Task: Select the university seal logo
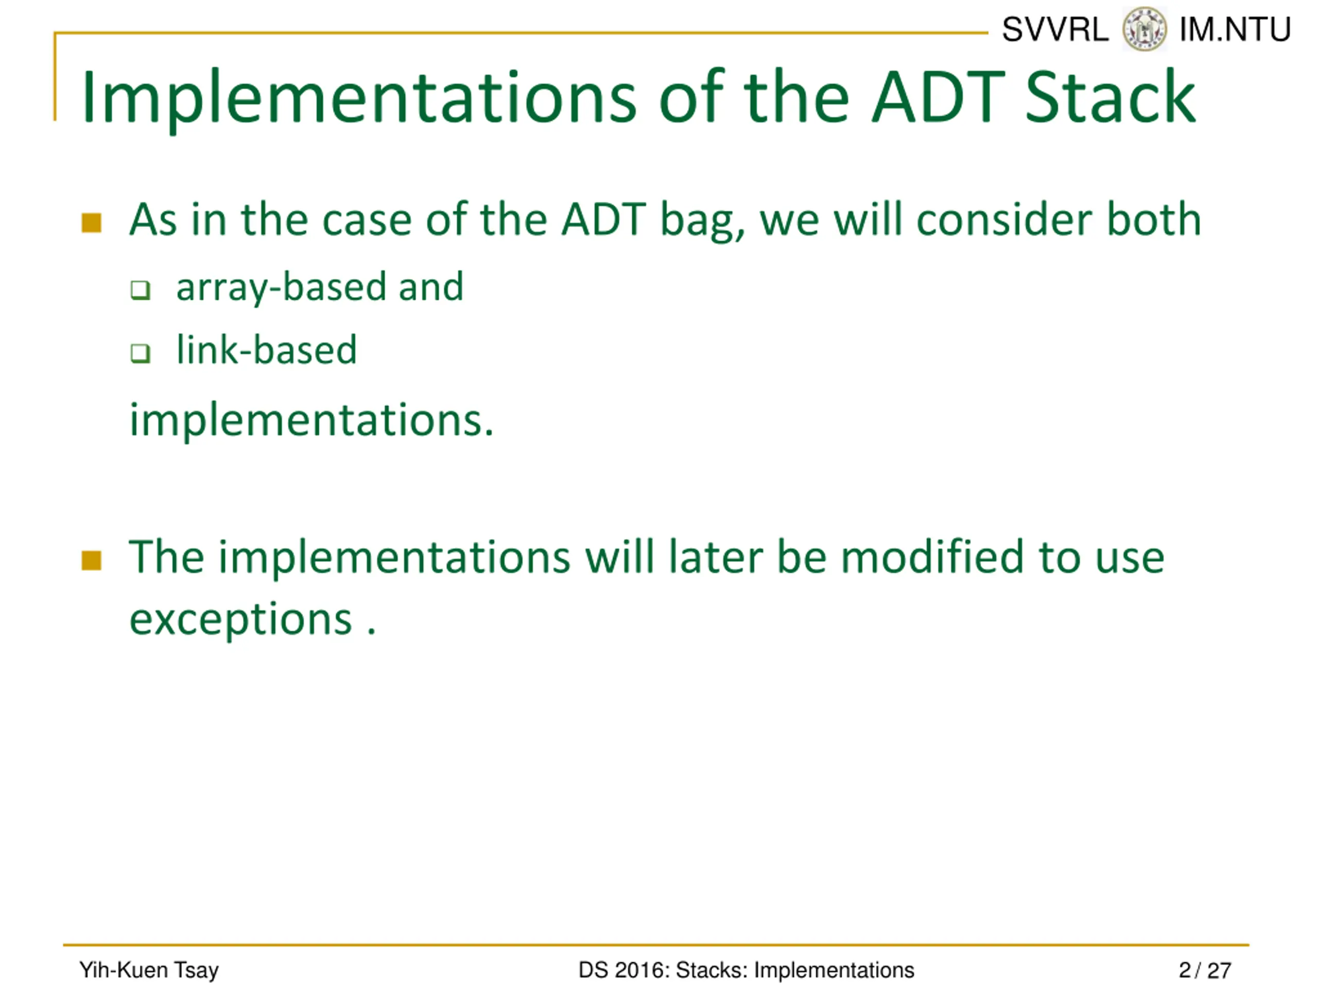tap(1144, 29)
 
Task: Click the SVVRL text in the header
tap(1055, 29)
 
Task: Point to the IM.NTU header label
tap(1235, 29)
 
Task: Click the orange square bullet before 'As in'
tap(91, 223)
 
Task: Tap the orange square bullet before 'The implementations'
tap(91, 560)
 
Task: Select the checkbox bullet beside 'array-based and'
tap(141, 291)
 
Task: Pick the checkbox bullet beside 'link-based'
tap(141, 353)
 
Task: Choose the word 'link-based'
tap(266, 349)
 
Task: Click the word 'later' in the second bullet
tap(715, 557)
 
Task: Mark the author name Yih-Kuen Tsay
tap(149, 970)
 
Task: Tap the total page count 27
tap(1219, 970)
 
